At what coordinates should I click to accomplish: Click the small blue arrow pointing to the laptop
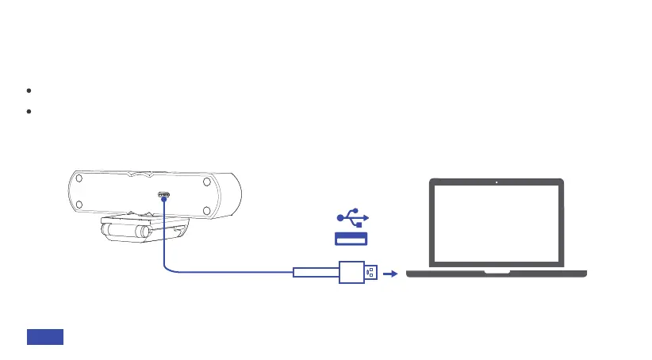pos(389,274)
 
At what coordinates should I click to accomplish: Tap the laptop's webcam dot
pos(496,182)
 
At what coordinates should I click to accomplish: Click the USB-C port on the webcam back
pos(163,194)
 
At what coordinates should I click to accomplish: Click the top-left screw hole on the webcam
pos(78,181)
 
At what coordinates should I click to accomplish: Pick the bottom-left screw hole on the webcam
pos(78,210)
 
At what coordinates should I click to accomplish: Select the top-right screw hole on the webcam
pos(205,182)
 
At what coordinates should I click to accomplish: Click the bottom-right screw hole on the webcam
pos(205,210)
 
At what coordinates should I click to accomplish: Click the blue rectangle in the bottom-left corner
pos(45,336)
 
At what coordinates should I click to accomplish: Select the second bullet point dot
pos(29,112)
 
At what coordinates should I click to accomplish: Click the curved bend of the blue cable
pos(167,268)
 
